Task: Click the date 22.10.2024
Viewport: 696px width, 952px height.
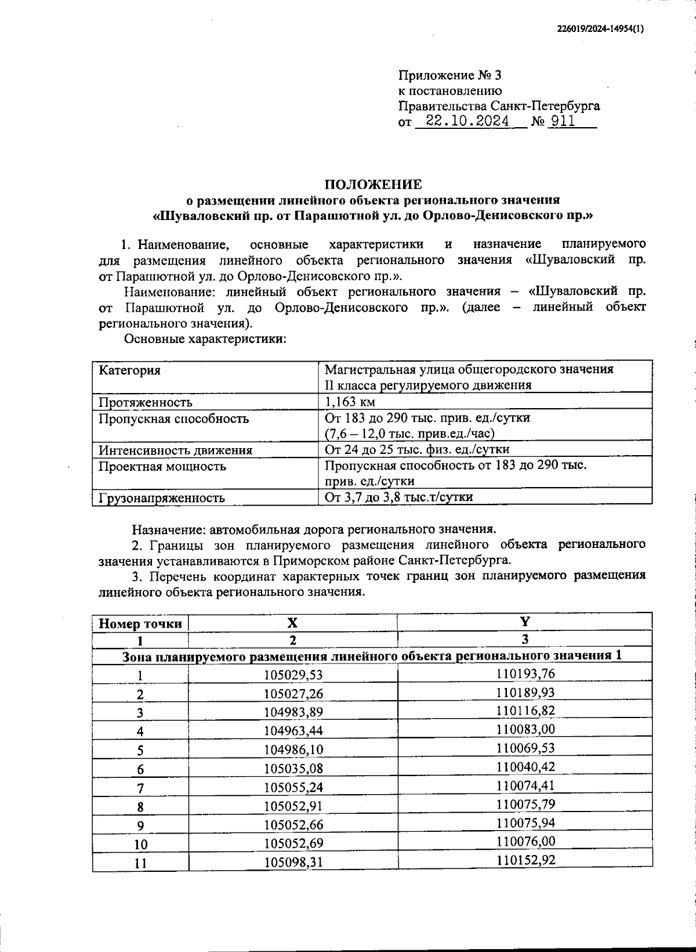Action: pyautogui.click(x=467, y=121)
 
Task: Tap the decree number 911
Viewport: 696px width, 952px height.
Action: pyautogui.click(x=563, y=121)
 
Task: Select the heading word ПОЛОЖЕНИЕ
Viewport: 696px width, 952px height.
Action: pyautogui.click(x=373, y=185)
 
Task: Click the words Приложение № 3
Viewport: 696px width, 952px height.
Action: pyautogui.click(x=449, y=75)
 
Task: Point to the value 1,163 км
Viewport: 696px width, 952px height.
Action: pyautogui.click(x=350, y=402)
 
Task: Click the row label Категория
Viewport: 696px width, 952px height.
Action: pyautogui.click(x=130, y=370)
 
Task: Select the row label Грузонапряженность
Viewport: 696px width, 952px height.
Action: pyautogui.click(x=162, y=497)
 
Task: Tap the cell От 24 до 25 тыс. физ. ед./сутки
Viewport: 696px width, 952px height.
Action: pyautogui.click(x=417, y=449)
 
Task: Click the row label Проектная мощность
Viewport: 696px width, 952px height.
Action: pyautogui.click(x=162, y=466)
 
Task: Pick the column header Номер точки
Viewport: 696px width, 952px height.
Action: pyautogui.click(x=140, y=623)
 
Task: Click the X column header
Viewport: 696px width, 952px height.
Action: pyautogui.click(x=293, y=623)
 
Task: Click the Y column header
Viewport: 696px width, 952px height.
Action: pyautogui.click(x=525, y=622)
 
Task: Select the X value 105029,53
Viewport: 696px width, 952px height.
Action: pyautogui.click(x=293, y=675)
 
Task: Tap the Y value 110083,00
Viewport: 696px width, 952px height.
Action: pyautogui.click(x=525, y=729)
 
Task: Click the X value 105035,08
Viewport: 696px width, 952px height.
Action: pyautogui.click(x=293, y=769)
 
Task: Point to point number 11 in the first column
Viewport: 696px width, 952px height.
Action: pyautogui.click(x=140, y=863)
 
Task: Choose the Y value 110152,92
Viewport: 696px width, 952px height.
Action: pyautogui.click(x=525, y=860)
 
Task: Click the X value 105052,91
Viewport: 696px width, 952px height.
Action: pyautogui.click(x=293, y=806)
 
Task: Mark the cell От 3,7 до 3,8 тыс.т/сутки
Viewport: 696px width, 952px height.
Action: pyautogui.click(x=398, y=497)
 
